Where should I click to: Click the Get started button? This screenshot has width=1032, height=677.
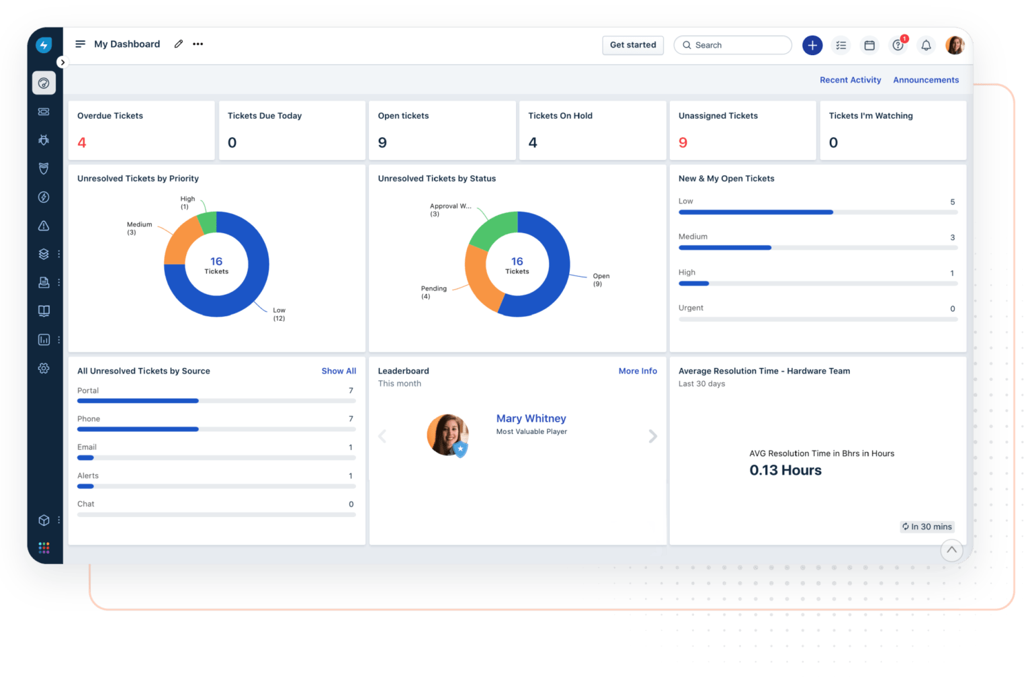(633, 45)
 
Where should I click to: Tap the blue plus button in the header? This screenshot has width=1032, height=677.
(812, 45)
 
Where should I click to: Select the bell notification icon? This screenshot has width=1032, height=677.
(926, 45)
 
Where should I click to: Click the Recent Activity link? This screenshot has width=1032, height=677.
(850, 80)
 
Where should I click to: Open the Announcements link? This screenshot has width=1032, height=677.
(926, 80)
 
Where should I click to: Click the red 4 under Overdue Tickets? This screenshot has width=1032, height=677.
(82, 142)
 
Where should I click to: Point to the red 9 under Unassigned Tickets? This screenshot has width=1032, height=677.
(683, 142)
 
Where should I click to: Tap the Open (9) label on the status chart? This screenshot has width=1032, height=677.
(601, 279)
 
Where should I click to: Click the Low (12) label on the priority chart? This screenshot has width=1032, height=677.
(279, 314)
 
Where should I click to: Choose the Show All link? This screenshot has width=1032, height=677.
(339, 371)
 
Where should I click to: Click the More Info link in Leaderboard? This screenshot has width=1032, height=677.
(638, 371)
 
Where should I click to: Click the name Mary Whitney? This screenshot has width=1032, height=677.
(531, 418)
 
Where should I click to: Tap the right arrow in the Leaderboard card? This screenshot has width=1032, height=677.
(652, 437)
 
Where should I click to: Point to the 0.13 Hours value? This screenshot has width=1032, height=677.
(785, 470)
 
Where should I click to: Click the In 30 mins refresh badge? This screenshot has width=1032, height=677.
(927, 527)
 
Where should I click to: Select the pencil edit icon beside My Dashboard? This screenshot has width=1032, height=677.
(178, 44)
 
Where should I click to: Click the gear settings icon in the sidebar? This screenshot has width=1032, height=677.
(44, 368)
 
